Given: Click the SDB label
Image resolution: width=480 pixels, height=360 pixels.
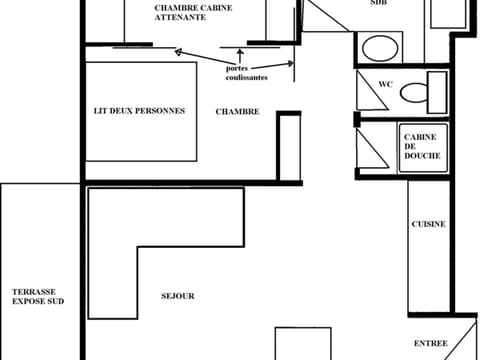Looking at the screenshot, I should (378, 4).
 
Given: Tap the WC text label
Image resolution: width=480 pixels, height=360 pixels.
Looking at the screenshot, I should (385, 84).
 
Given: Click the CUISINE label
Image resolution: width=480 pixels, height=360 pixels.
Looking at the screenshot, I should (428, 224).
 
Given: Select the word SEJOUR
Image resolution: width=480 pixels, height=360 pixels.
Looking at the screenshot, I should (177, 296).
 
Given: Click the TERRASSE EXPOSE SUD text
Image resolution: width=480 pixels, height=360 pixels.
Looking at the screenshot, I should (37, 295).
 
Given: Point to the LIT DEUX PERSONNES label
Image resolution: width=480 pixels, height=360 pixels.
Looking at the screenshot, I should (139, 111).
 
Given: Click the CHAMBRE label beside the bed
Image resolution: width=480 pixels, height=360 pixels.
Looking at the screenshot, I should (237, 112).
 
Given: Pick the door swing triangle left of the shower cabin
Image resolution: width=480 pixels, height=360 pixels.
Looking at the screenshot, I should (370, 147).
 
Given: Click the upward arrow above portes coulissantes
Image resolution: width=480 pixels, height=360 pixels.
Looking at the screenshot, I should (240, 54).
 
